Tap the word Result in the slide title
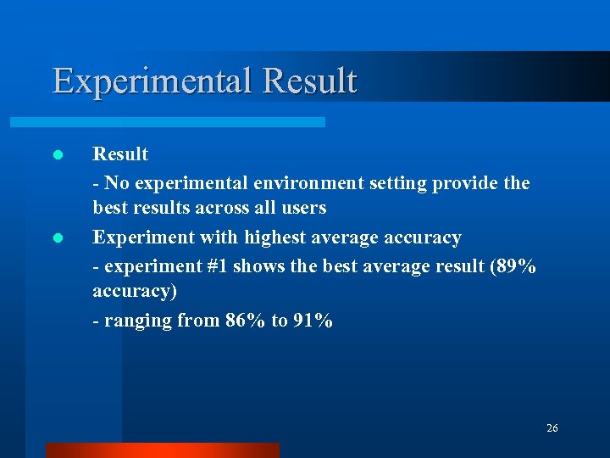(310, 81)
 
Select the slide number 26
(552, 428)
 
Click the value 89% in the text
(516, 266)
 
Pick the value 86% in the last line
(246, 321)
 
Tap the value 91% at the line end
(313, 321)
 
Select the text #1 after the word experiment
(217, 266)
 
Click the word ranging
(134, 321)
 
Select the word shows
(259, 266)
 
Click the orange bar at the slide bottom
(162, 450)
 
